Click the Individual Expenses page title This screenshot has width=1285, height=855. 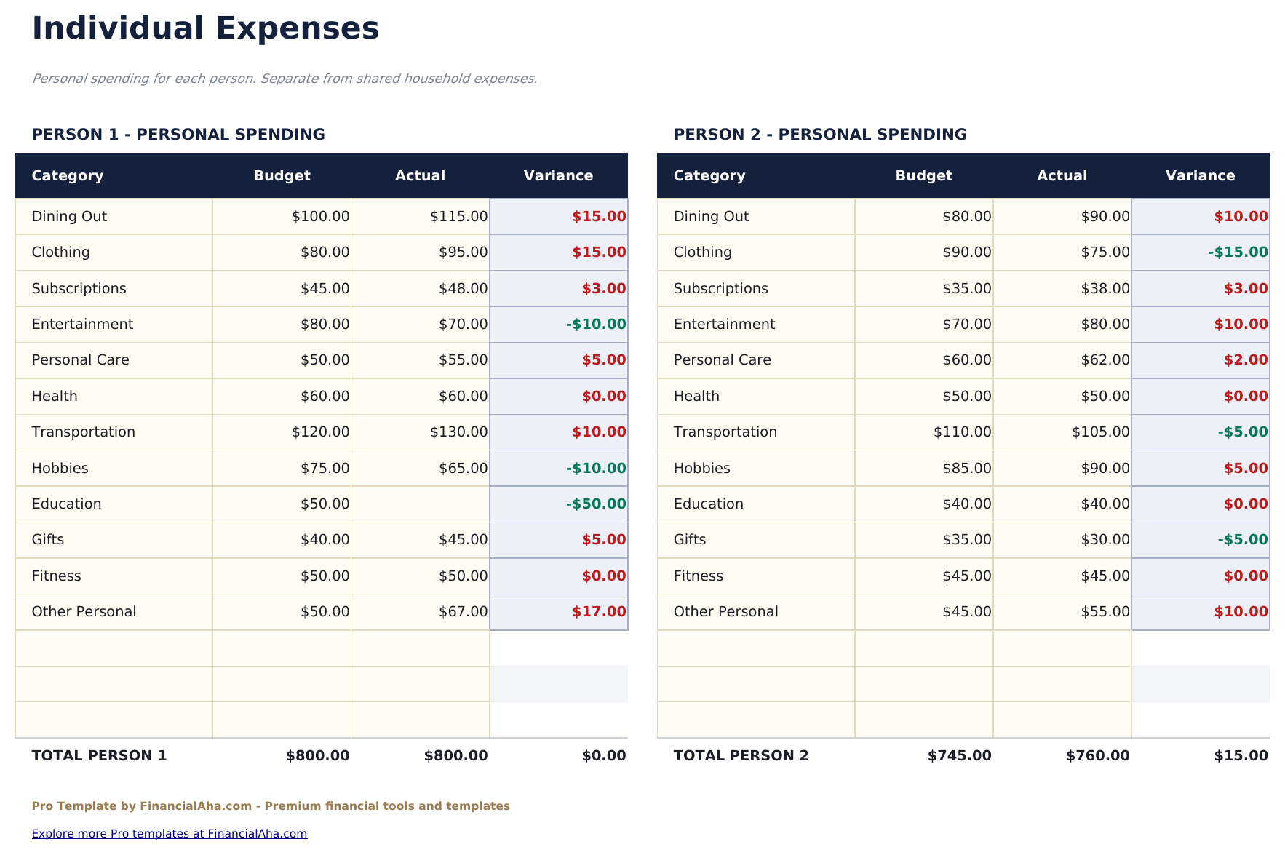tap(205, 29)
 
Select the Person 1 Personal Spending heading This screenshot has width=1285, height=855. tap(178, 135)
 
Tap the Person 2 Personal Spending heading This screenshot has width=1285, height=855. tap(820, 135)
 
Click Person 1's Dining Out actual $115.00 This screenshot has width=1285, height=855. tap(458, 217)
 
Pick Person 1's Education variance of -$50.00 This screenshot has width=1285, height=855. tap(596, 504)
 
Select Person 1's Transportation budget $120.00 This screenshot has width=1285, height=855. tap(320, 432)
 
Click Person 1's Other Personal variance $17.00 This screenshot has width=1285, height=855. tap(599, 612)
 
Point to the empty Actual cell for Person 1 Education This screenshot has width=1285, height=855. tap(420, 504)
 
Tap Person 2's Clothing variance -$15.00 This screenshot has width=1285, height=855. tap(1238, 252)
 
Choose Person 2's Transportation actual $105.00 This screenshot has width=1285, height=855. tap(1100, 432)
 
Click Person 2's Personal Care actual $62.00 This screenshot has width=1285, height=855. tap(1105, 360)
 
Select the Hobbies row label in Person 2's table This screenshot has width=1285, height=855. tap(701, 469)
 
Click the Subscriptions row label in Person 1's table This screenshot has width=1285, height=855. tap(79, 289)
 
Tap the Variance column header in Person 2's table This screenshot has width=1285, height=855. tap(1200, 176)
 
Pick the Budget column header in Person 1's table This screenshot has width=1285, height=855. tap(282, 176)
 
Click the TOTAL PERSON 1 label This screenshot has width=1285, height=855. tap(99, 756)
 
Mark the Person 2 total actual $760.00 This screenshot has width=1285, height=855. tap(1097, 756)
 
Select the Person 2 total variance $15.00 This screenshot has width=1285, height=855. tap(1241, 756)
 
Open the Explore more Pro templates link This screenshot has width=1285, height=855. tap(170, 834)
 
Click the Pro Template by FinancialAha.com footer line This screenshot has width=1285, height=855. tap(271, 806)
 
